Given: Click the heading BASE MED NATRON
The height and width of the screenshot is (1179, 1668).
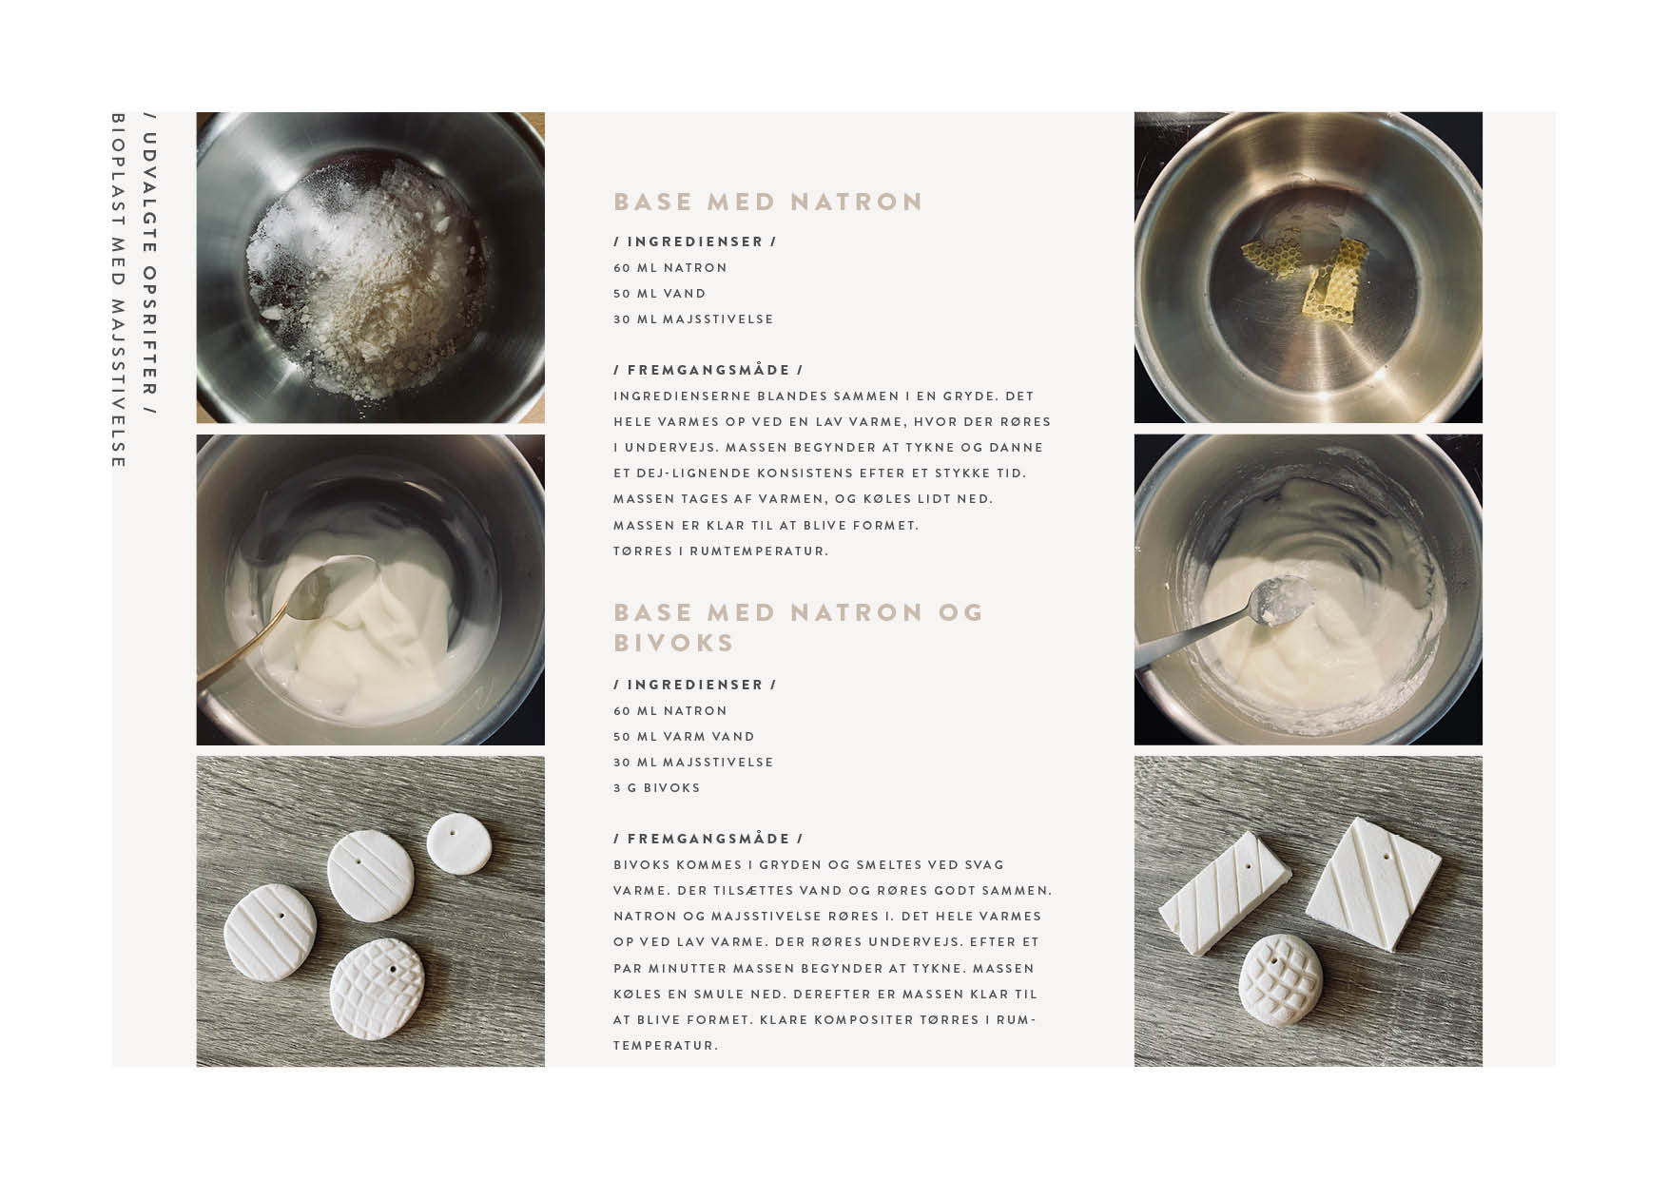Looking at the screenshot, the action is click(x=768, y=202).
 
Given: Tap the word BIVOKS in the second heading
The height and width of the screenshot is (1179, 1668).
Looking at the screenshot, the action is click(x=674, y=643).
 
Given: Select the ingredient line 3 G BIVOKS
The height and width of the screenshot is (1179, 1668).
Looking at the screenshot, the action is click(x=657, y=788).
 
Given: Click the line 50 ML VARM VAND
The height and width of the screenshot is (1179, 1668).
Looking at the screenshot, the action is click(x=685, y=737).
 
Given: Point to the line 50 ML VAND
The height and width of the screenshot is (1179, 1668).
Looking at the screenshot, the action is click(x=660, y=294).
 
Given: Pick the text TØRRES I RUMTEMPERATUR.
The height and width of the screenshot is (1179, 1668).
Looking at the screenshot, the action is click(x=721, y=551).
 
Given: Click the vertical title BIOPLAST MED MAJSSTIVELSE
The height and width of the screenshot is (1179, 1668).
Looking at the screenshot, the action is click(x=119, y=291).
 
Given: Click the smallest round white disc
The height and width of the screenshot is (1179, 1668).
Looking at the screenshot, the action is click(x=456, y=841).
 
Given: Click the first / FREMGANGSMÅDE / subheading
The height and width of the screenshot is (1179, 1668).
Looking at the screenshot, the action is click(x=708, y=370).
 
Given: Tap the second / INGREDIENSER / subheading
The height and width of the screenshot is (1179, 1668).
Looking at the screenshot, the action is click(x=695, y=685).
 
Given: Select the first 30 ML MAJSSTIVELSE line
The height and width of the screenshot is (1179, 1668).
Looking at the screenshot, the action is click(x=693, y=319).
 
